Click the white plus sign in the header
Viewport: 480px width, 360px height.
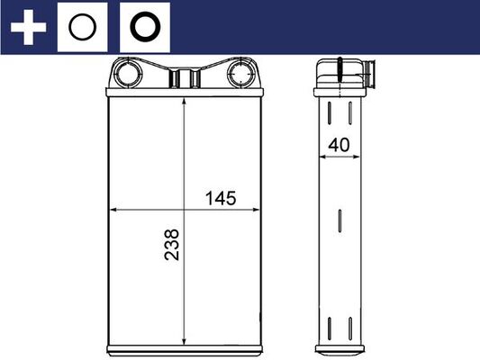point(27,28)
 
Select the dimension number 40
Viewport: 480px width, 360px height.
point(340,142)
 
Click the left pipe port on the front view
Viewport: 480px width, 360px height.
point(128,73)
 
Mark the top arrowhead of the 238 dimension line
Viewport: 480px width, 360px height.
point(184,101)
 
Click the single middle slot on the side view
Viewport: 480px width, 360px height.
point(340,221)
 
